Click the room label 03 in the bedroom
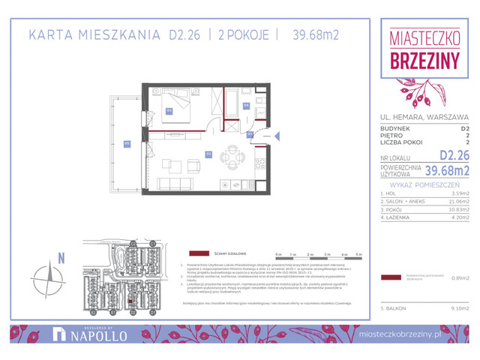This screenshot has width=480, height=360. coord(169,111)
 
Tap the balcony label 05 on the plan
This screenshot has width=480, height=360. coord(127,144)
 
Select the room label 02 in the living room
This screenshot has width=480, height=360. coord(208,154)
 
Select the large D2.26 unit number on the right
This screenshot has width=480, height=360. coord(454,156)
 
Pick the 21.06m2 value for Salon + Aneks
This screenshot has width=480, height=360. coord(458,202)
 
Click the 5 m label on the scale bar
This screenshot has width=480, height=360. coord(359,255)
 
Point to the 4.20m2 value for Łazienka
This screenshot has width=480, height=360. coord(459,219)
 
